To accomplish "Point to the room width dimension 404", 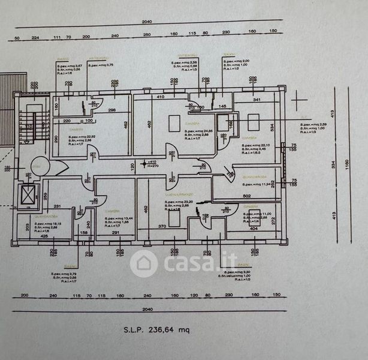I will click(x=254, y=229).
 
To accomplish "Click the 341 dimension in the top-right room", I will click(x=257, y=100).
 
